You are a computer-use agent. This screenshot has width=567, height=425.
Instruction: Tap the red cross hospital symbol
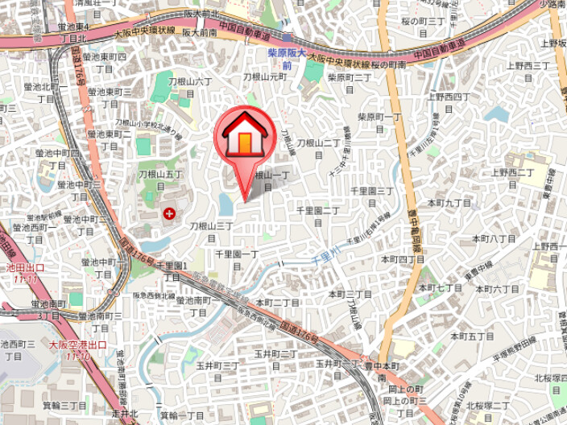[x=169, y=213]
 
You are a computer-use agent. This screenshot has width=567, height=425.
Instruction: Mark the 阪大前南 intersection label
[x=199, y=33]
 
